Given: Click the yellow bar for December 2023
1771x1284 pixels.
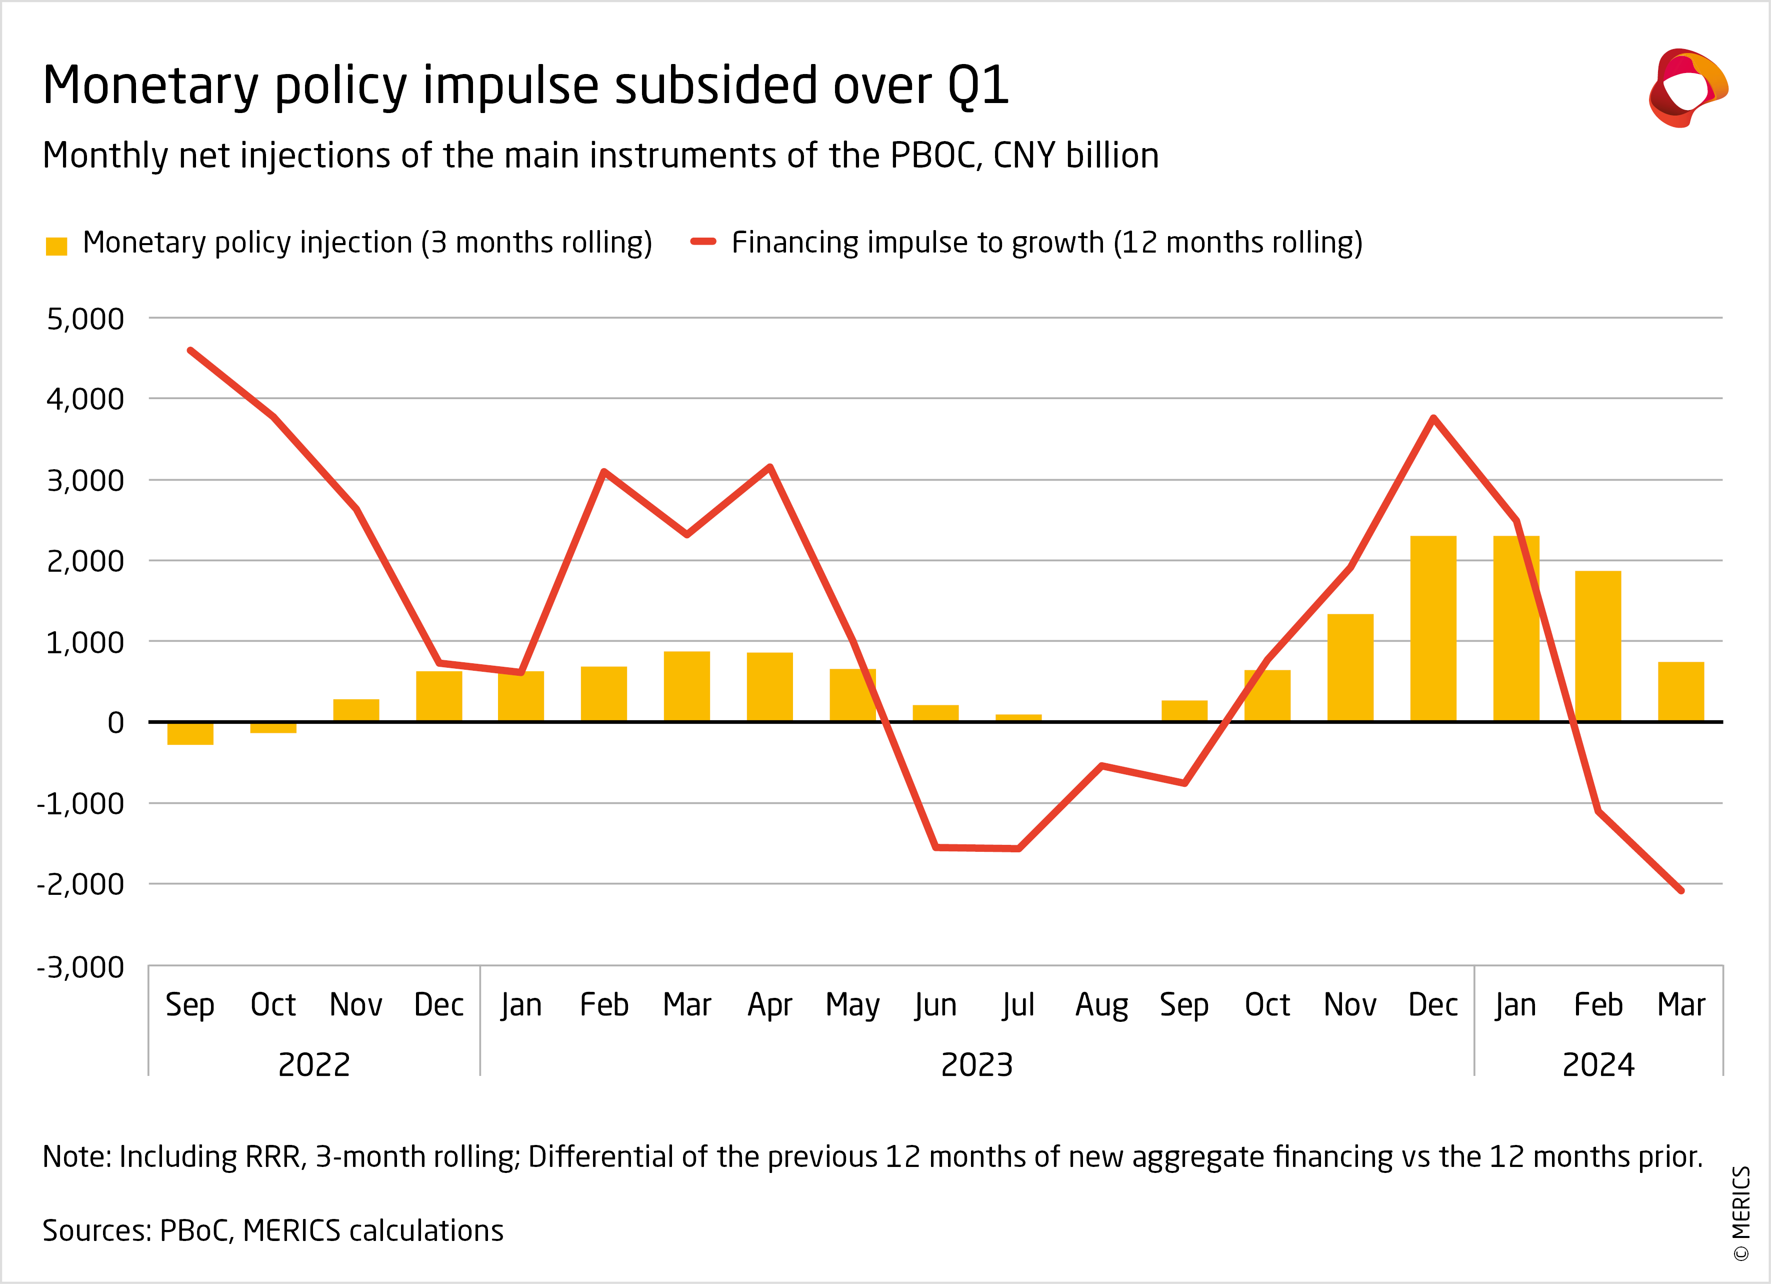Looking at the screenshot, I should pos(1433,629).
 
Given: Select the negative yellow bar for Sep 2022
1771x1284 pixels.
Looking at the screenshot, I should pos(190,733).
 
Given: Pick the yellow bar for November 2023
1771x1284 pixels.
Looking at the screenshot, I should pos(1350,668).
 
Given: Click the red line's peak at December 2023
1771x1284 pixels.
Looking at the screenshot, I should pos(1433,419).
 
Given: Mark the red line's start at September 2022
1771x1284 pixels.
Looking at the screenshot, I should pos(190,351).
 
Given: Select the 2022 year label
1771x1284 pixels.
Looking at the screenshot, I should pos(314,1064).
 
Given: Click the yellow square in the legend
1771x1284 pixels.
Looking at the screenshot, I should pos(56,246).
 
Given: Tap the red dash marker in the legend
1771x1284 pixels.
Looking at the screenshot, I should pos(703,242).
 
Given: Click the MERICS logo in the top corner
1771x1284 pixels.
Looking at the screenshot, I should pos(1687,88).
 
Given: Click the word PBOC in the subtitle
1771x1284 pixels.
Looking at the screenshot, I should pos(934,156).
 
